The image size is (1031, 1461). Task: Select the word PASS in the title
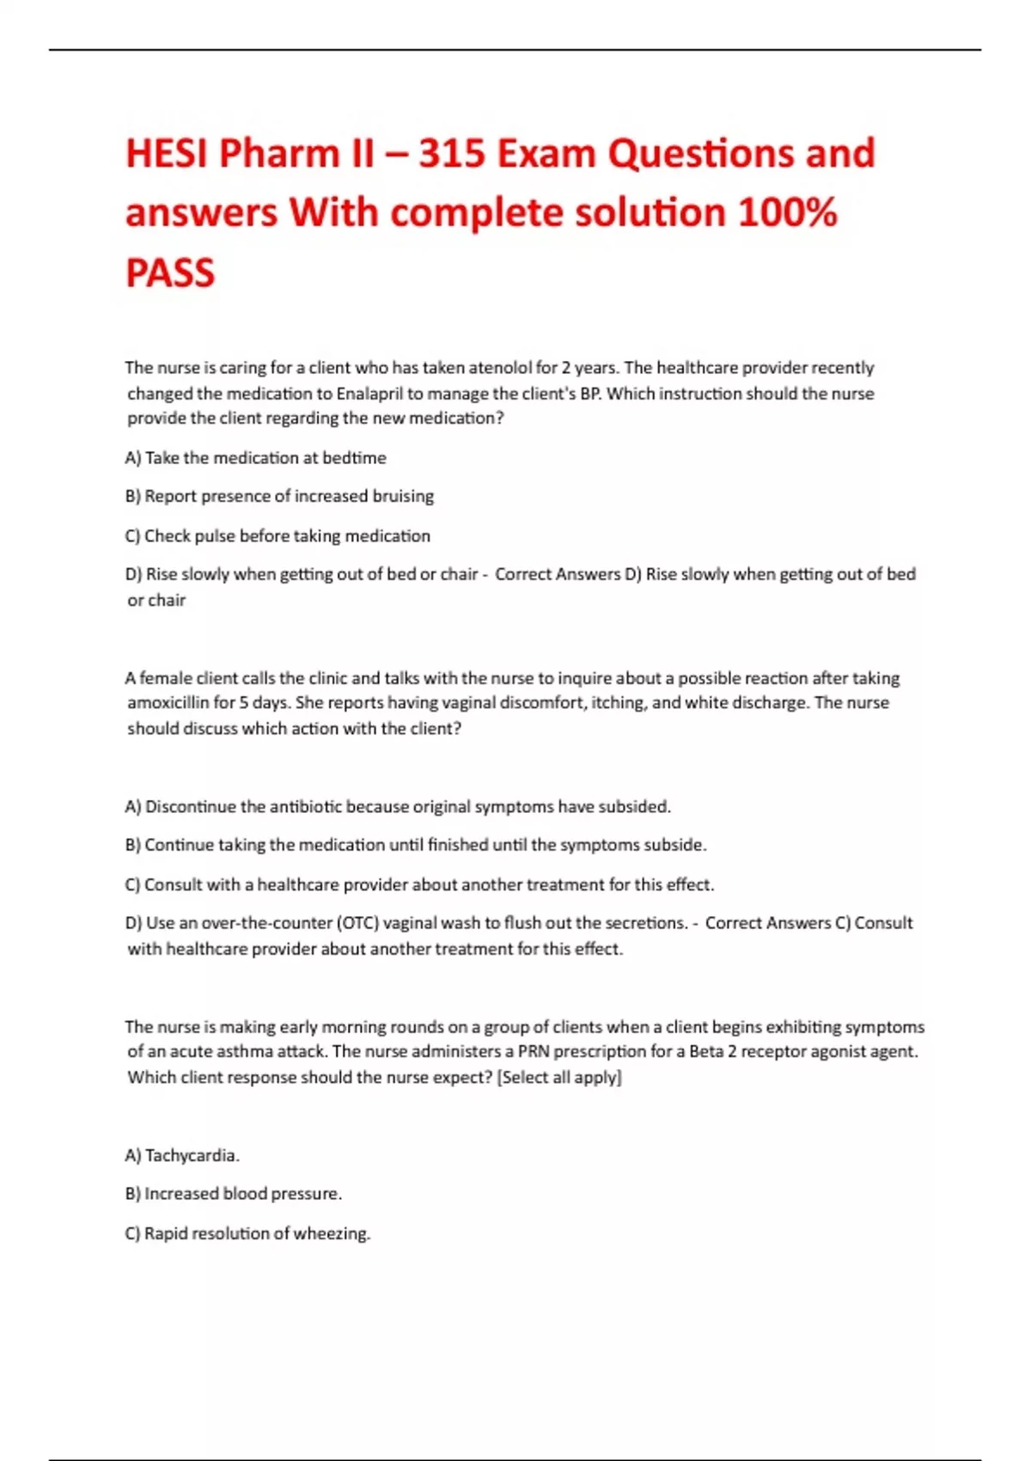170,273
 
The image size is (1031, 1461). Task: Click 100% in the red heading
787,213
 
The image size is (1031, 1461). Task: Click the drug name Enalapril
370,394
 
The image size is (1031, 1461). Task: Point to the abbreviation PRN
533,1051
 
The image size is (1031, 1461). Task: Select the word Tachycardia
192,1155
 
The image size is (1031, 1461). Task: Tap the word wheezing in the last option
332,1233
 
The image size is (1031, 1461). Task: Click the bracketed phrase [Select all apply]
559,1077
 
